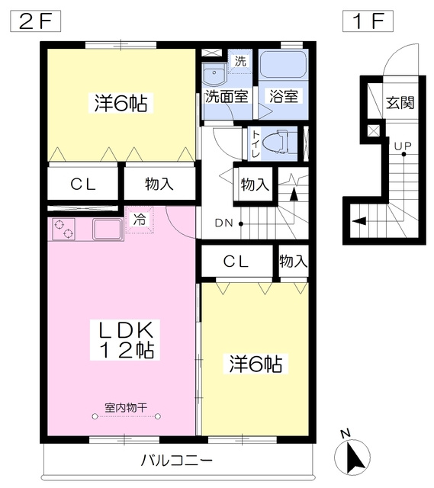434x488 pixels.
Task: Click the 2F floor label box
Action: coord(35,21)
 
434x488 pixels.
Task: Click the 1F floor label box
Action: coord(368,21)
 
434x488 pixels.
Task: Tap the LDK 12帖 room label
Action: coord(125,340)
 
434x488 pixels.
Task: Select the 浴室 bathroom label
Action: coord(283,96)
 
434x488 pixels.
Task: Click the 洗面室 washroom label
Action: coord(227,96)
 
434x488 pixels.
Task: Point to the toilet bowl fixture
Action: coord(276,143)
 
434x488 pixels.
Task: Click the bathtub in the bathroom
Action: coord(283,64)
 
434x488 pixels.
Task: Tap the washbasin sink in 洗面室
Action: coord(214,75)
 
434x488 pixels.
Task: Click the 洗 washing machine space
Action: coord(240,61)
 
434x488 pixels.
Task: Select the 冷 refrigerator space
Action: coord(140,220)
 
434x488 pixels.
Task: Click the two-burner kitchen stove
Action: coord(64,229)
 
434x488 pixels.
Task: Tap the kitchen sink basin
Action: coord(108,230)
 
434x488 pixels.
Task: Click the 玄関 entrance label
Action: coord(400,102)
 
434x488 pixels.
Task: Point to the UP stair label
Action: coord(403,146)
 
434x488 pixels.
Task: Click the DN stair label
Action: coord(223,223)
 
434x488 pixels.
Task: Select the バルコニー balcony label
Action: coord(177,460)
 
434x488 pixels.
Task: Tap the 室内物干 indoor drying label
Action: coord(126,408)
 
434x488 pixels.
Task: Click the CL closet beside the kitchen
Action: coord(82,184)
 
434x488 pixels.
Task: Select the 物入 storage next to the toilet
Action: coord(255,185)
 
